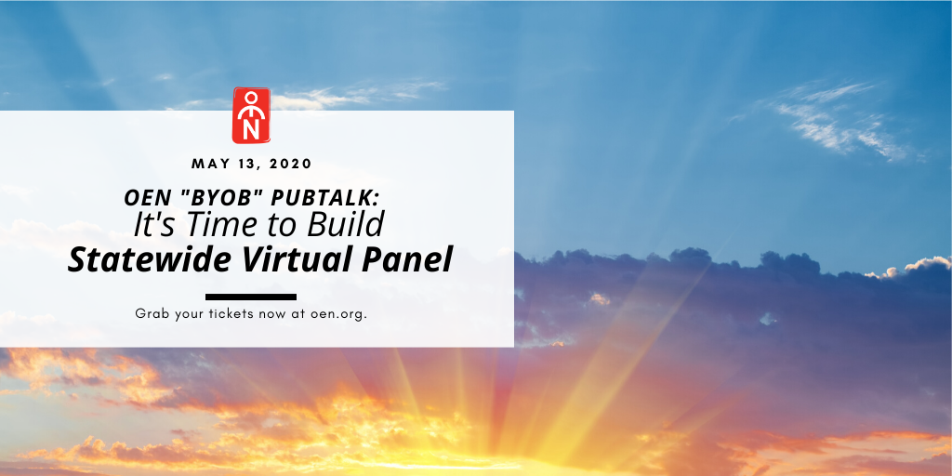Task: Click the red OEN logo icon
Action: pyautogui.click(x=251, y=115)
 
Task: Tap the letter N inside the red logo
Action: pyautogui.click(x=251, y=130)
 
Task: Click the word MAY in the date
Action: pyautogui.click(x=207, y=164)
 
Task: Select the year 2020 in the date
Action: pyautogui.click(x=291, y=164)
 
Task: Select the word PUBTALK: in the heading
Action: pyautogui.click(x=324, y=197)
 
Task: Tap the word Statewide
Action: pyautogui.click(x=150, y=259)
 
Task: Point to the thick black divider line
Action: pyautogui.click(x=251, y=297)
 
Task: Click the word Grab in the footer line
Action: pyautogui.click(x=149, y=314)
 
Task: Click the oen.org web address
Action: pyautogui.click(x=338, y=314)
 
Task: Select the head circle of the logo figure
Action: pyautogui.click(x=251, y=98)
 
